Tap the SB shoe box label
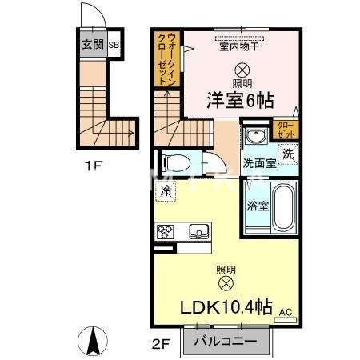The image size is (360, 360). tap(114, 45)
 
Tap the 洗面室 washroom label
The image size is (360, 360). tap(260, 162)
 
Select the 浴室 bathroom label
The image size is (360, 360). tap(258, 203)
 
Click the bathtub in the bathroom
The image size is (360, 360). tap(284, 206)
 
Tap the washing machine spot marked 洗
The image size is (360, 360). tap(286, 152)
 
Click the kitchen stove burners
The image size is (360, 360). tap(166, 232)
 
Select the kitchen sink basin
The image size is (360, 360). tap(198, 232)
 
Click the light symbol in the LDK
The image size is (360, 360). tap(226, 283)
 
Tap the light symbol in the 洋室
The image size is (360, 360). tap(242, 70)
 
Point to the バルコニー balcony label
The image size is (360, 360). tap(228, 342)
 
